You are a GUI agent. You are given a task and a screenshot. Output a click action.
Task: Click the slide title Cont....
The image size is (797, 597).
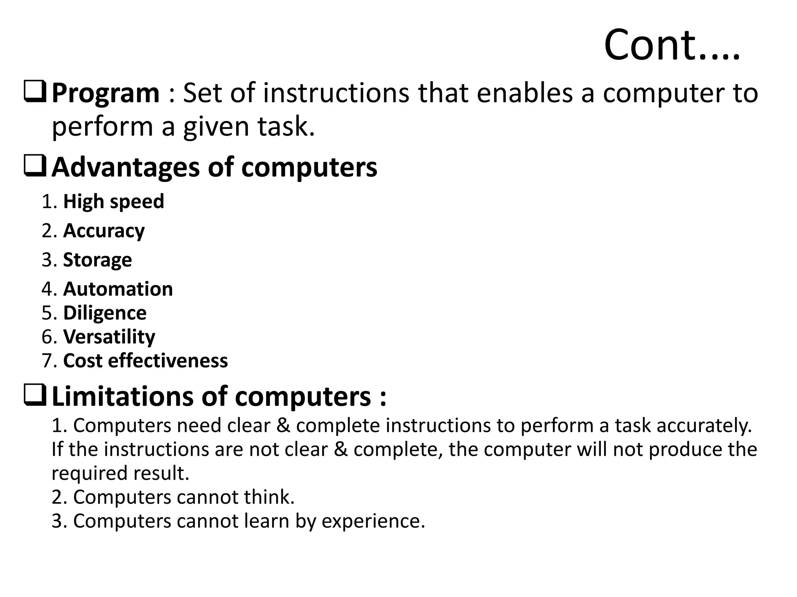click(x=671, y=45)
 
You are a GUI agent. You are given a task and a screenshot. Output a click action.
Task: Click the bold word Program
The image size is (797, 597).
click(x=105, y=94)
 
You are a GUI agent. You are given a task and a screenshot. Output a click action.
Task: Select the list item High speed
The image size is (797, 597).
click(x=114, y=202)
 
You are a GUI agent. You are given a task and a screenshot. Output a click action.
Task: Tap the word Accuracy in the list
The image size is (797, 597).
click(x=104, y=231)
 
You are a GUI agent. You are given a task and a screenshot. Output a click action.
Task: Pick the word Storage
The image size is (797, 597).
click(x=97, y=260)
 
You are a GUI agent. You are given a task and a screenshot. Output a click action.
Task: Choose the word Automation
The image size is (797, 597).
click(x=118, y=289)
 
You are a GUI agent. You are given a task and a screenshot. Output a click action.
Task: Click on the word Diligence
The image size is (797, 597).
click(x=105, y=313)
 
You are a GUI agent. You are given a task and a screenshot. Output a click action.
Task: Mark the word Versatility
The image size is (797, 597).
click(x=109, y=337)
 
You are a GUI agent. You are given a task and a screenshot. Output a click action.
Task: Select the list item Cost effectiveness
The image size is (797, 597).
click(x=145, y=361)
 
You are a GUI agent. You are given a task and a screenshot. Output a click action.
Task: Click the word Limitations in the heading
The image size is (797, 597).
click(x=123, y=397)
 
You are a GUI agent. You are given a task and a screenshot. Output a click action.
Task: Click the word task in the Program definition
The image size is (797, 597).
click(x=285, y=127)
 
